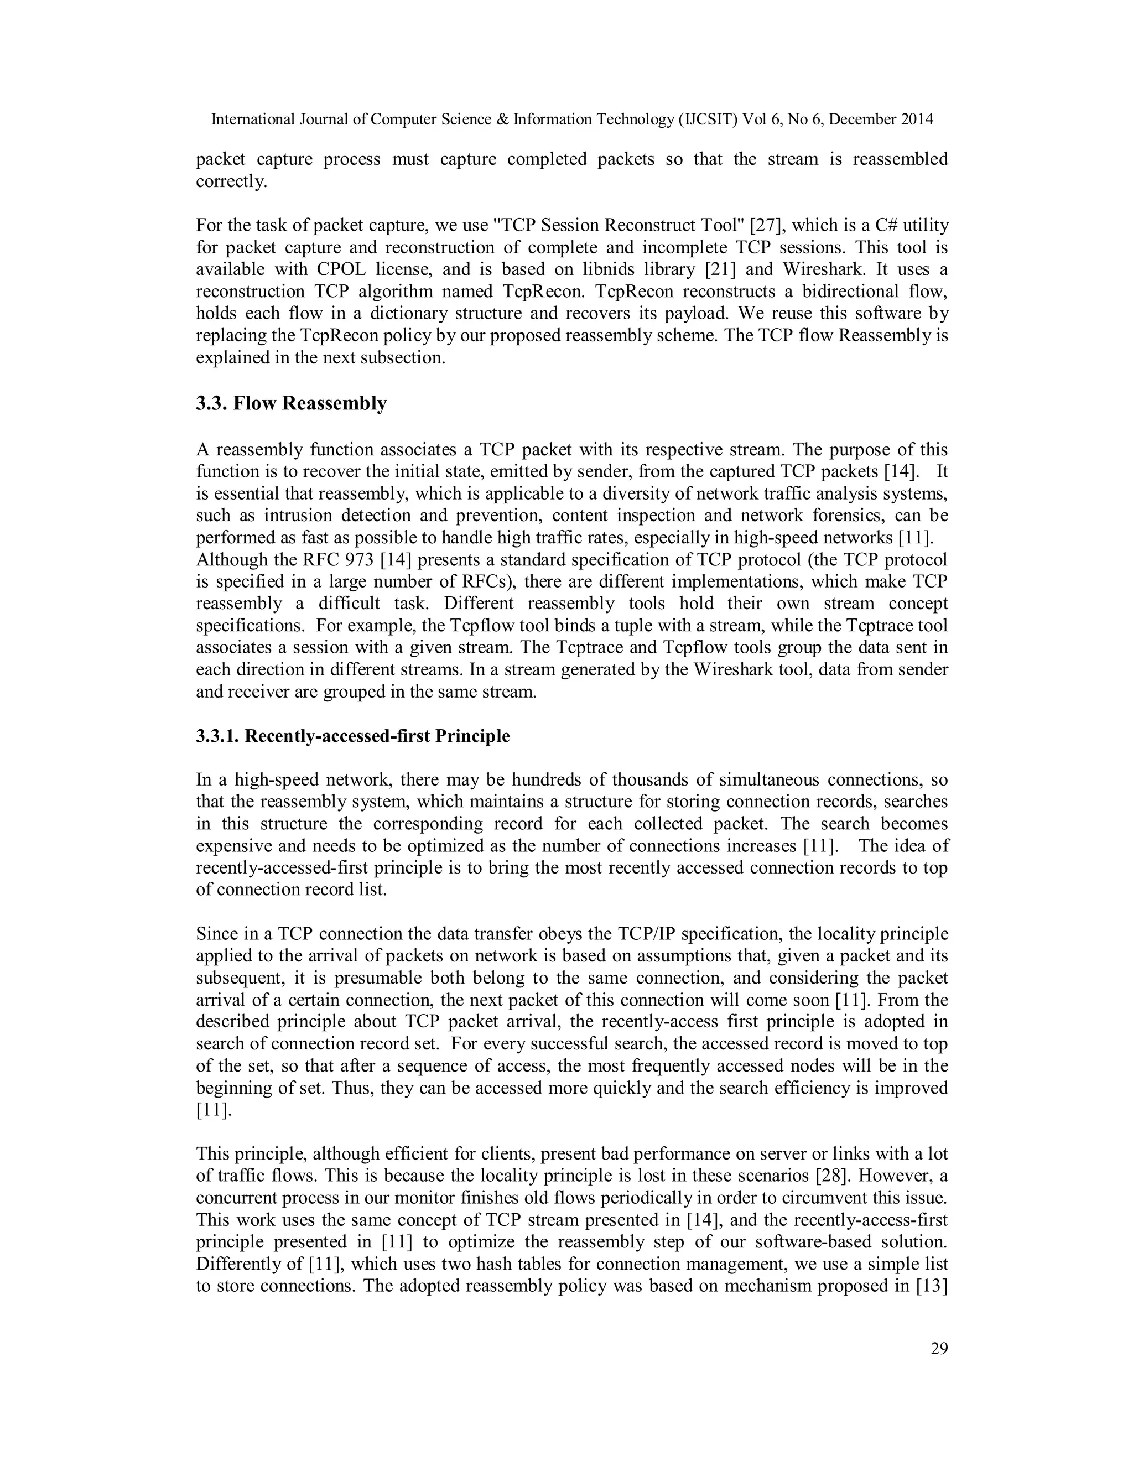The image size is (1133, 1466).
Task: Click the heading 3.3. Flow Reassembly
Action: coord(292,403)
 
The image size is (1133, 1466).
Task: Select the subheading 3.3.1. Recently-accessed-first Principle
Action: coord(353,736)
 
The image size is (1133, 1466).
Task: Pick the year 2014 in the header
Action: coord(916,119)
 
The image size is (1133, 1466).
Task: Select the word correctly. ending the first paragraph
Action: coord(232,182)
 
